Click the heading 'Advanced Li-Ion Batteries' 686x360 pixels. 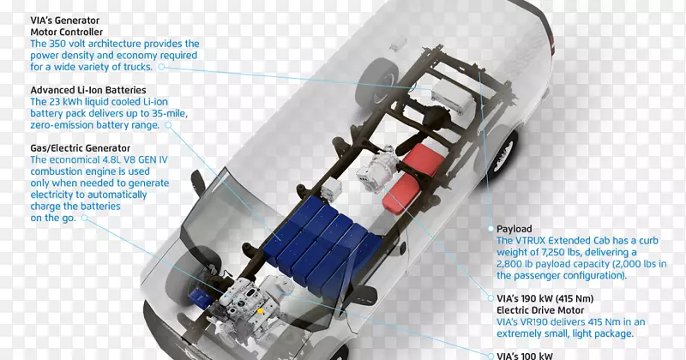[x=88, y=90]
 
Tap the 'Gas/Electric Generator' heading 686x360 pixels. [x=80, y=148]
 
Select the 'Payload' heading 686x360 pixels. [x=514, y=229]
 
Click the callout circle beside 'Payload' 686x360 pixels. [x=490, y=229]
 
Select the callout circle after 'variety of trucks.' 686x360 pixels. [x=161, y=67]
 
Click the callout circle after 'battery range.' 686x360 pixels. [x=168, y=125]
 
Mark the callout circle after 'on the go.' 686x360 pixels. [x=84, y=218]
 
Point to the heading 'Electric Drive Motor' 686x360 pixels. [x=540, y=310]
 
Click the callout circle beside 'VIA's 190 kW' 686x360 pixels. [x=490, y=298]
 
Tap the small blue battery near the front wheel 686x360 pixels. [x=201, y=297]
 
